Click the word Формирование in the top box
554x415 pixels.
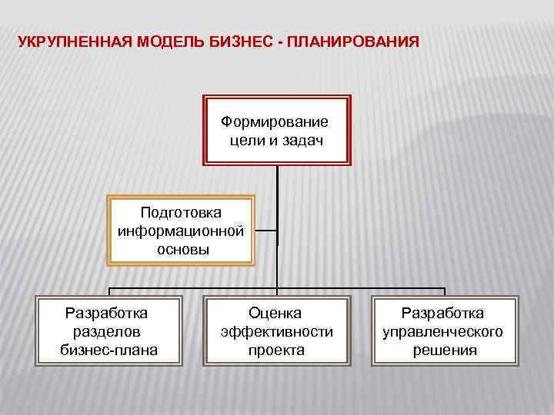pos(274,121)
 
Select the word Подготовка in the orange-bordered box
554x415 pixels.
pos(181,211)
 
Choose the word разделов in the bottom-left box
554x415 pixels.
pos(107,331)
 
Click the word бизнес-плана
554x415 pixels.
pos(107,350)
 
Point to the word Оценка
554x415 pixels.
pos(275,313)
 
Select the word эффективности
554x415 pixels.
pos(276,331)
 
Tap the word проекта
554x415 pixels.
pos(276,350)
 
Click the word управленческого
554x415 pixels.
pos(443,331)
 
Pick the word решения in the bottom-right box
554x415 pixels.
pos(443,350)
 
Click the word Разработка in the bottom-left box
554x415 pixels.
pos(107,313)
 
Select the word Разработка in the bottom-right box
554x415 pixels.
pos(443,313)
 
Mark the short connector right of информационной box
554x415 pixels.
pos(265,230)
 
